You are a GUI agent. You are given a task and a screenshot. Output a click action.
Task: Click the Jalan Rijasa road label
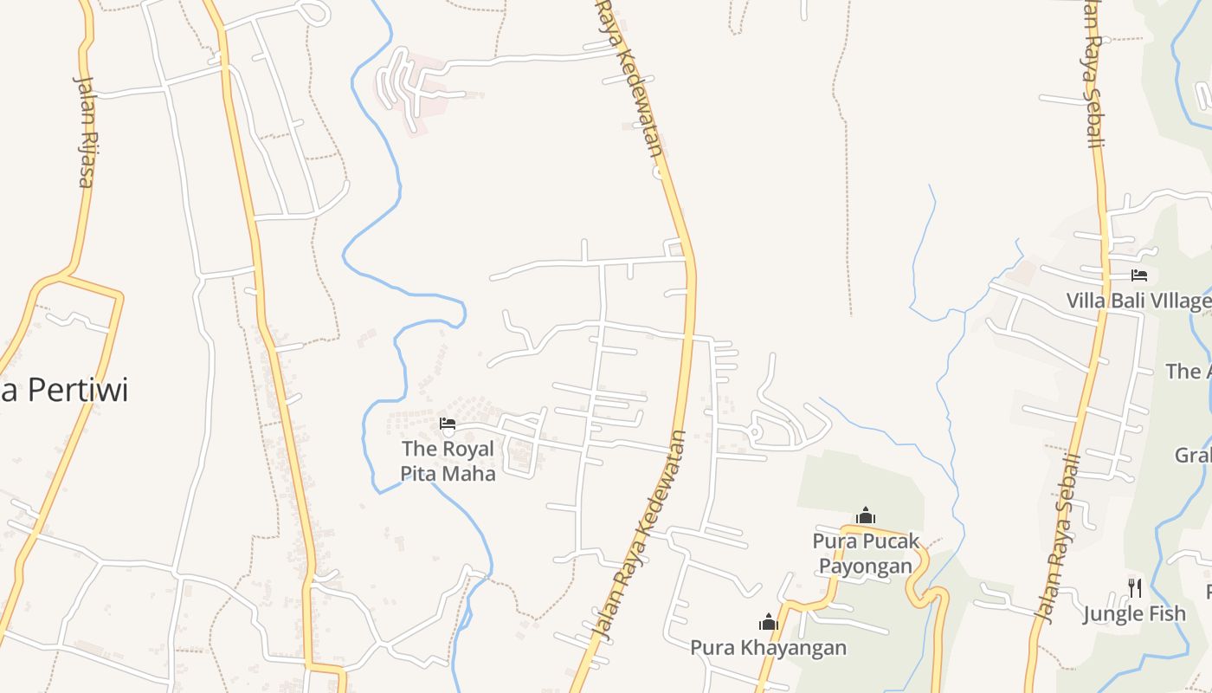coord(85,132)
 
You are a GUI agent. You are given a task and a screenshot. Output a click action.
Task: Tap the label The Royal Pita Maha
coord(448,461)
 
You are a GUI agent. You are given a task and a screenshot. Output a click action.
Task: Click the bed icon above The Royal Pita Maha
coord(448,424)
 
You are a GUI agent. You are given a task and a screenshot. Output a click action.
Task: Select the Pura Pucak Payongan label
coord(865,554)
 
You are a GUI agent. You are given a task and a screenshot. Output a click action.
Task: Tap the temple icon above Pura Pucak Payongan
coord(866,516)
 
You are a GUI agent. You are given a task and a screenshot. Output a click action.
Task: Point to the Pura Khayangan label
coord(768,647)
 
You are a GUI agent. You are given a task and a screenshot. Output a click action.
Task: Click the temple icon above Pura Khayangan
coord(768,622)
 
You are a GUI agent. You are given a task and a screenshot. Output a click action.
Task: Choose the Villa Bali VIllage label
coord(1138,301)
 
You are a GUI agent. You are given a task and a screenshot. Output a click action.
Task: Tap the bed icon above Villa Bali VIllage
coord(1139,275)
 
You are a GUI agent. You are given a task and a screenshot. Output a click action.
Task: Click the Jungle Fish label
coord(1134,614)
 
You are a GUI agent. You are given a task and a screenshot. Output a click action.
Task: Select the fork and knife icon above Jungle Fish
coord(1135,588)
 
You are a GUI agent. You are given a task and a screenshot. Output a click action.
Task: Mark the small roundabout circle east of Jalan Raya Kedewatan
coord(754,431)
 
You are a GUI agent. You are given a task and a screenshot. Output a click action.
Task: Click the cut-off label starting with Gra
coord(1192,455)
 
